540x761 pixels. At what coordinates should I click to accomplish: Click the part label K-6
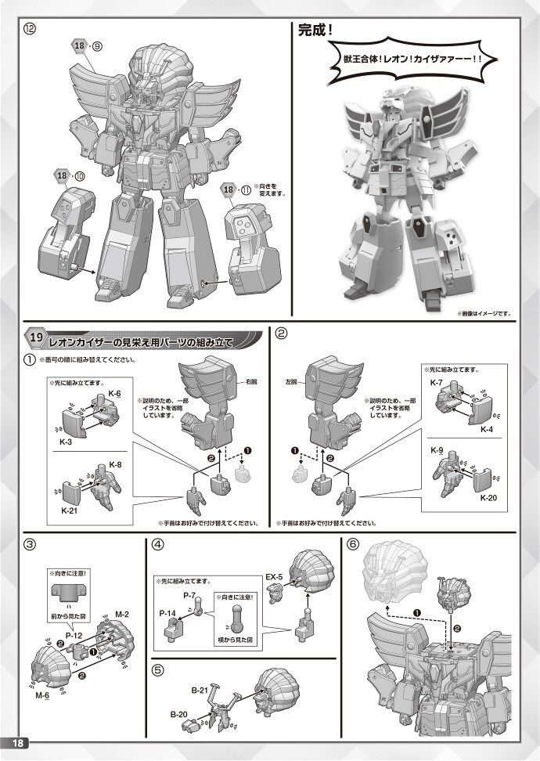pyautogui.click(x=114, y=392)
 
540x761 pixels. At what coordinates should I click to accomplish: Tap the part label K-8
pyautogui.click(x=114, y=464)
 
